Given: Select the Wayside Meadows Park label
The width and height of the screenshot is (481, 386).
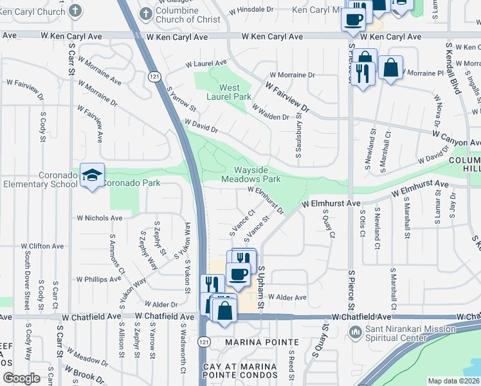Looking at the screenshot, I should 251,174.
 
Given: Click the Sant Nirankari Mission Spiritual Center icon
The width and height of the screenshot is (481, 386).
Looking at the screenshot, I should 354,332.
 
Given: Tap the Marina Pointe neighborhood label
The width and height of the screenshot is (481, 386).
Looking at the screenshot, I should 262,342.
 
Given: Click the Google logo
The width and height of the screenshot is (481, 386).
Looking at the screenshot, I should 21,378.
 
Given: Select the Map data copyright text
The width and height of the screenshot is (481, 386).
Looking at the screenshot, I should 453,381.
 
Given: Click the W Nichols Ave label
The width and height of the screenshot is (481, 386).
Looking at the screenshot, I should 100,218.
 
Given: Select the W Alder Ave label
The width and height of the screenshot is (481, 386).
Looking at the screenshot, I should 287,297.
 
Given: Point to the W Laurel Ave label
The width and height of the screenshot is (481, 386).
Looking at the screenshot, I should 206,64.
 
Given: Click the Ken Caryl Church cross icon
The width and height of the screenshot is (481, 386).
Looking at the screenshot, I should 76,11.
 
